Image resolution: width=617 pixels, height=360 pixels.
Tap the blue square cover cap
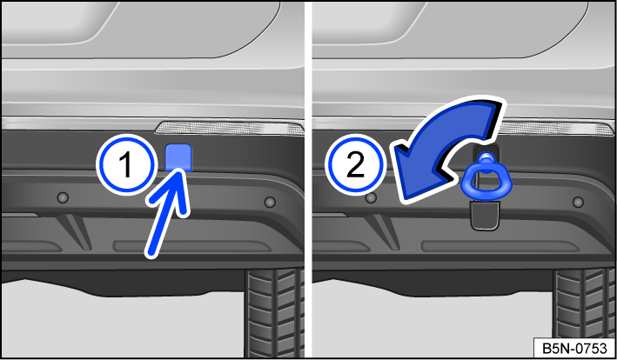coord(179,157)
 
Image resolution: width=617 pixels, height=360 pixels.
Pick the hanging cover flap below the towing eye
coord(482,214)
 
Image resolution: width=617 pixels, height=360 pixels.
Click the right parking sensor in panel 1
coord(269,202)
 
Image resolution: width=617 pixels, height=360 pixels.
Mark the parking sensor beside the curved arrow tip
coord(371,196)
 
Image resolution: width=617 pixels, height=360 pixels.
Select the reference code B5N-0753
coord(574,348)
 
